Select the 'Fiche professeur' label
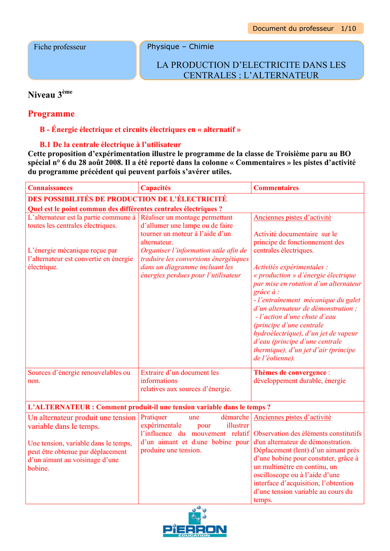coord(60,47)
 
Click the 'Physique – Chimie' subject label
coord(180,47)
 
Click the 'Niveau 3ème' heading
coord(50,95)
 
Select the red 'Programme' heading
coord(51,114)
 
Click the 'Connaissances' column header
coord(50,188)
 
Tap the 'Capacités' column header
coord(155,188)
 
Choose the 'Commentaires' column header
coord(276,188)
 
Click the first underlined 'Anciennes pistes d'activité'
coord(292,217)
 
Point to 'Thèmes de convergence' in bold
coord(289,372)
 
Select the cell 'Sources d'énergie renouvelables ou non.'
coord(79,377)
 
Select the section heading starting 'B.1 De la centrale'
coord(110,145)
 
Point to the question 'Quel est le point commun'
coord(125,209)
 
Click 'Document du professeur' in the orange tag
coord(293,29)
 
